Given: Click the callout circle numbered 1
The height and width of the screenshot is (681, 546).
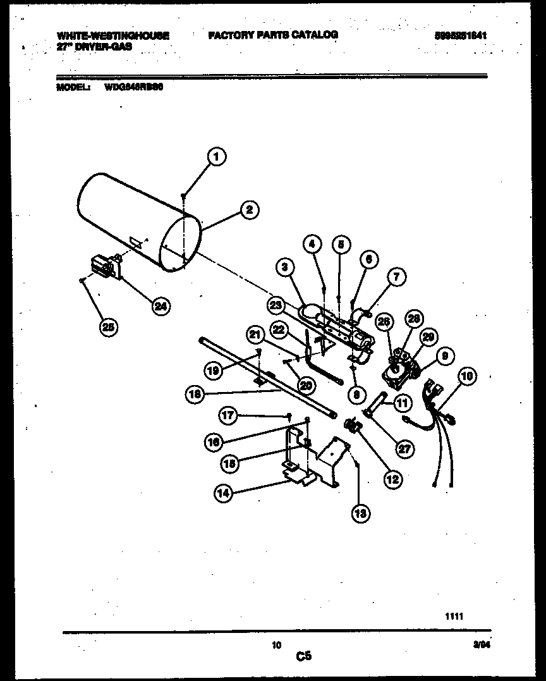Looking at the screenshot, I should (216, 156).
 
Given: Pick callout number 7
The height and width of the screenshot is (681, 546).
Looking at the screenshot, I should (396, 276).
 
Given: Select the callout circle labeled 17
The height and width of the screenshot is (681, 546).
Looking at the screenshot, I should (228, 415).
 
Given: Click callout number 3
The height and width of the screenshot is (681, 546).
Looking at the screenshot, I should (285, 268).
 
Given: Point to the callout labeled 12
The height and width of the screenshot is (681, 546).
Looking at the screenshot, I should (392, 479).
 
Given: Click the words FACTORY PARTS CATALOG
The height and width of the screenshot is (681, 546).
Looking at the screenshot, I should (272, 35).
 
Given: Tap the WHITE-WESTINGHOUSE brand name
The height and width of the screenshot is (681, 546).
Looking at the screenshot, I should (112, 36).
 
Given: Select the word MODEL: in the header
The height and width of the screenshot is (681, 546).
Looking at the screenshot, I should (71, 89).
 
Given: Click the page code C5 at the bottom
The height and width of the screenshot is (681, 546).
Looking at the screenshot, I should (304, 656).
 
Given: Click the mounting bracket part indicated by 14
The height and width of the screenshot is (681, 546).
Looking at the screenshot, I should (310, 462).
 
